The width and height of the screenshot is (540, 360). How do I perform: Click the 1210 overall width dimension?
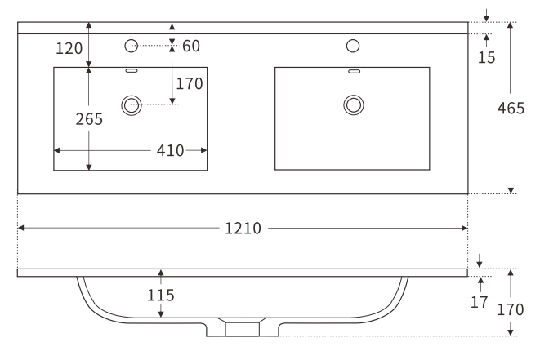pos(243,228)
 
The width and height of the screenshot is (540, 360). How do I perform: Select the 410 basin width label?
pos(171,150)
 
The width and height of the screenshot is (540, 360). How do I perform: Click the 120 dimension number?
pos(69,48)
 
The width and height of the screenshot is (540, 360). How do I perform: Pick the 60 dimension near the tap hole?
pos(191,47)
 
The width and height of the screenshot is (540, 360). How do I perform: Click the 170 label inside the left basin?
pos(189,83)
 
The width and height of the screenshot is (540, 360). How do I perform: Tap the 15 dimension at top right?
pos(487,58)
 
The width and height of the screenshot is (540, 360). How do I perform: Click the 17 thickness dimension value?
pos(480,301)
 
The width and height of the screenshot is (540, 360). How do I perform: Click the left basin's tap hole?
pos(132,46)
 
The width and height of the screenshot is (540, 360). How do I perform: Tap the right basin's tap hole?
pos(353,46)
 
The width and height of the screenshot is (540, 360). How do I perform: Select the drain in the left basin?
pos(132,104)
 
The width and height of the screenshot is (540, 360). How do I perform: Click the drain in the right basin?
pos(353,104)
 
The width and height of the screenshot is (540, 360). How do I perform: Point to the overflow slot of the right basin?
pos(353,71)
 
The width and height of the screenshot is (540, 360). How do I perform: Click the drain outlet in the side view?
pos(242,328)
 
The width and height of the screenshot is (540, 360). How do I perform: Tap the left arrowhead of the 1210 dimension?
pos(21,228)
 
